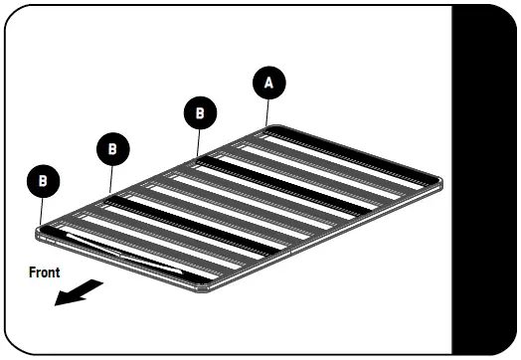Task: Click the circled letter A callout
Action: [265, 84]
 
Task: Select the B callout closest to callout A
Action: [200, 113]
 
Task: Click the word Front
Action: [44, 271]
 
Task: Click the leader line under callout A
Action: [265, 110]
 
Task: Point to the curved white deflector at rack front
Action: [119, 254]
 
